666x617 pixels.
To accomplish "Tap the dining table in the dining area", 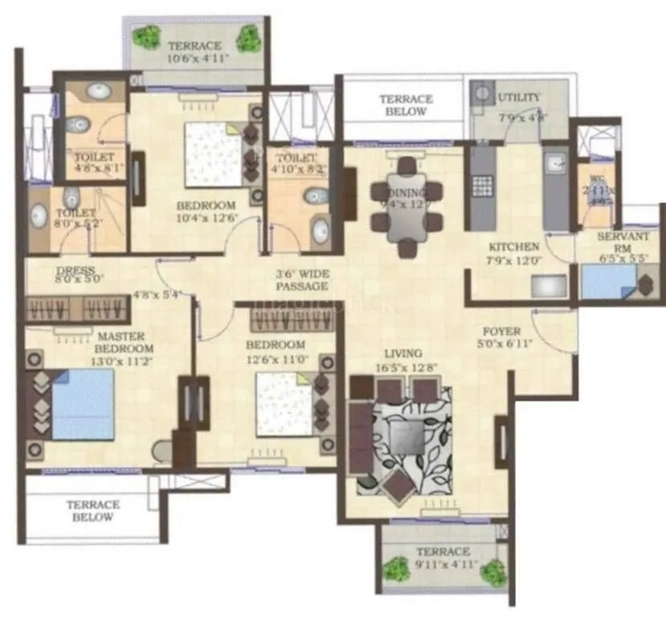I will pos(406,210).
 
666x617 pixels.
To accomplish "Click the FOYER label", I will pos(501,331).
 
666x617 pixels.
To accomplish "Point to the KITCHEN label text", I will pos(513,247).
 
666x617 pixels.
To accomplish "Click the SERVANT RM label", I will pos(623,242).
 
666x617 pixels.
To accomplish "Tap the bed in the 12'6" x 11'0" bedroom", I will pos(284,408).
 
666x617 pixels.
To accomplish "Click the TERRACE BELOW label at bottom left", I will pos(93,511).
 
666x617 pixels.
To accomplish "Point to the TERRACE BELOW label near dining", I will pos(406,105).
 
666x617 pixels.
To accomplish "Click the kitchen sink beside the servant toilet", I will pos(555,165).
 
